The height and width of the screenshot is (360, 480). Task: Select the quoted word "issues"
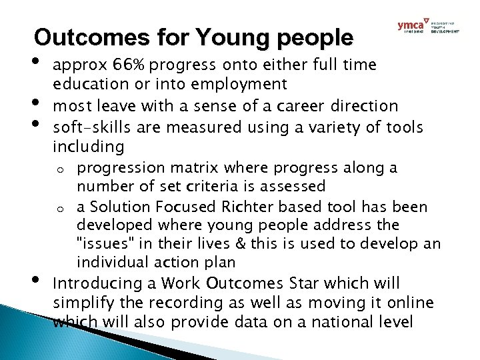102,243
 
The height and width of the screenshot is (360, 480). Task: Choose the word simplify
81,304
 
